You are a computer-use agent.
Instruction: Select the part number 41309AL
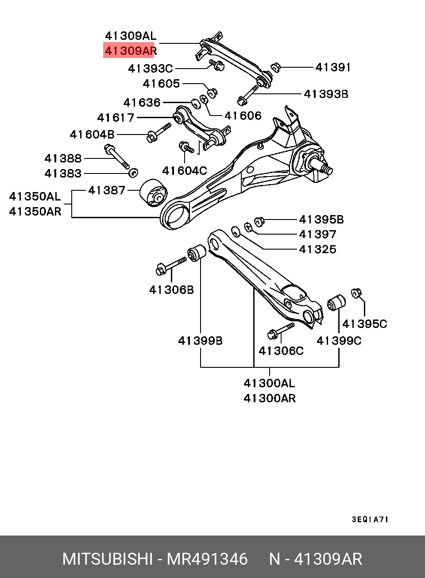click(131, 36)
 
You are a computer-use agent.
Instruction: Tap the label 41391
click(333, 67)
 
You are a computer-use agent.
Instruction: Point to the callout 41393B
click(326, 94)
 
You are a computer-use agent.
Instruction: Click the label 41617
click(116, 118)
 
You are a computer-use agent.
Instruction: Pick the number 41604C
click(185, 170)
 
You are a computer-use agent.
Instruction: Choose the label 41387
click(107, 190)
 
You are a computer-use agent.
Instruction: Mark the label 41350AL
click(35, 197)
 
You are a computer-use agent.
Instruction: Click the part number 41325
click(318, 249)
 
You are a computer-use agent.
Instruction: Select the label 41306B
click(171, 290)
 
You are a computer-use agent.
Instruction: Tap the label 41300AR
click(270, 398)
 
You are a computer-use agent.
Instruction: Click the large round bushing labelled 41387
click(154, 193)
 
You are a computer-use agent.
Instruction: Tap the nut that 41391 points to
click(275, 67)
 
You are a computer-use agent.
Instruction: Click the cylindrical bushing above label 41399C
click(336, 302)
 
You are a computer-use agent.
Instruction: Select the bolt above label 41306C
click(281, 331)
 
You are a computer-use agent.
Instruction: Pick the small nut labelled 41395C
click(356, 293)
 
